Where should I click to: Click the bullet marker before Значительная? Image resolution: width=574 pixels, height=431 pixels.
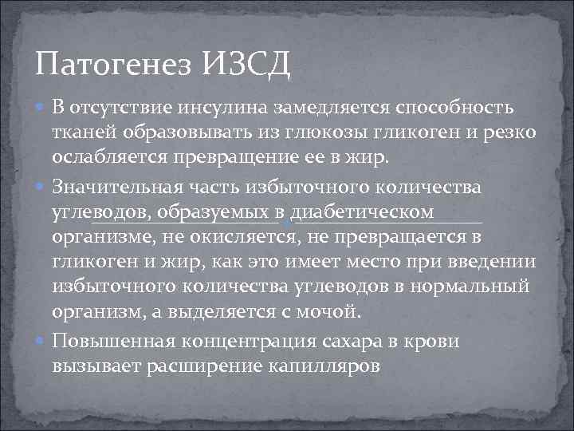click(41, 188)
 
